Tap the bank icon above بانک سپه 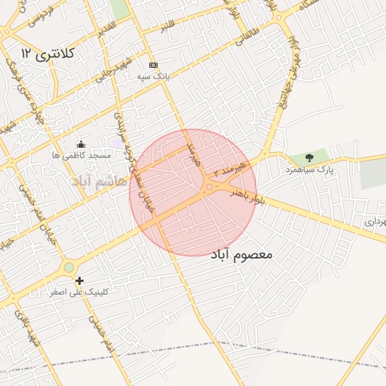pyautogui.click(x=154, y=66)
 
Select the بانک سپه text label pyautogui.click(x=154, y=77)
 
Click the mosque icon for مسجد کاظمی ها pyautogui.click(x=81, y=144)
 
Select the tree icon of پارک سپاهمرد pyautogui.click(x=309, y=158)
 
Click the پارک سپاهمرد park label pyautogui.click(x=309, y=170)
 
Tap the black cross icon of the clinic pyautogui.click(x=79, y=280)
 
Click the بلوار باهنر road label pyautogui.click(x=249, y=197)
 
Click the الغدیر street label pyautogui.click(x=106, y=25)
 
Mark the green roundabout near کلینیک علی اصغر pyautogui.click(x=69, y=267)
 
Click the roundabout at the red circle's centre pyautogui.click(x=208, y=187)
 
